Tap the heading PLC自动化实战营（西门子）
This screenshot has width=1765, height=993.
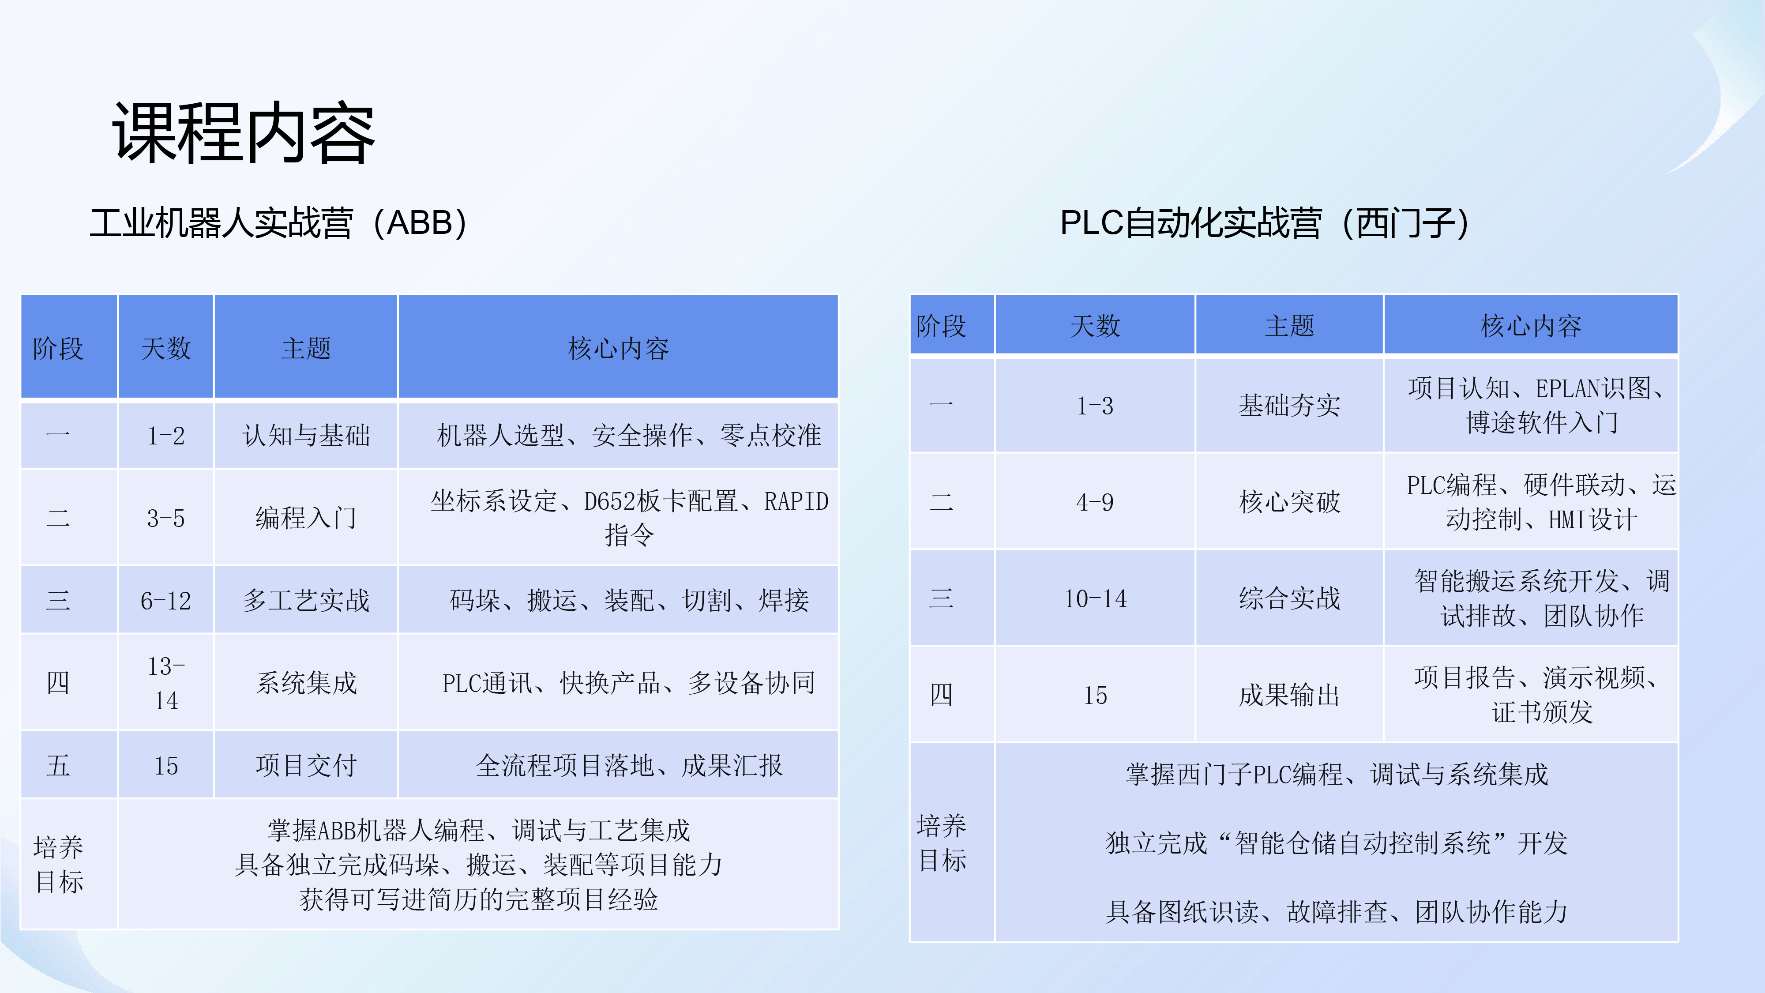click(1265, 223)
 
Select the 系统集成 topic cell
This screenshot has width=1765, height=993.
click(306, 683)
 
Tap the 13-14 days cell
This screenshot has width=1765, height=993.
click(166, 683)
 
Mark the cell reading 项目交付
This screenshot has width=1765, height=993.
click(306, 765)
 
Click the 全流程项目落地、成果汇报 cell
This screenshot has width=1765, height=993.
click(629, 765)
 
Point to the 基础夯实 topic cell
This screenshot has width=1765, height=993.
click(1289, 406)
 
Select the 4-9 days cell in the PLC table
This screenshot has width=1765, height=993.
click(1095, 502)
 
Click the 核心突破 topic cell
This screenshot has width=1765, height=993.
click(1289, 502)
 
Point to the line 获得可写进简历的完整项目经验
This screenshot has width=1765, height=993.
click(478, 899)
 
